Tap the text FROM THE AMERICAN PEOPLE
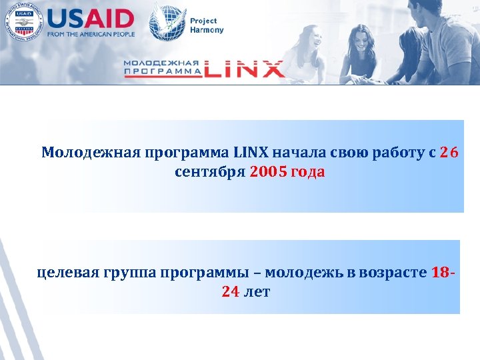[91, 34]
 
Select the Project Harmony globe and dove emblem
[167, 21]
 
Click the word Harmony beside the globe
[207, 30]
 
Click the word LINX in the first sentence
[250, 153]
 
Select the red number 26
[449, 153]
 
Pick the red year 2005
[269, 172]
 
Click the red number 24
[230, 291]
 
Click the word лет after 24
[257, 291]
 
